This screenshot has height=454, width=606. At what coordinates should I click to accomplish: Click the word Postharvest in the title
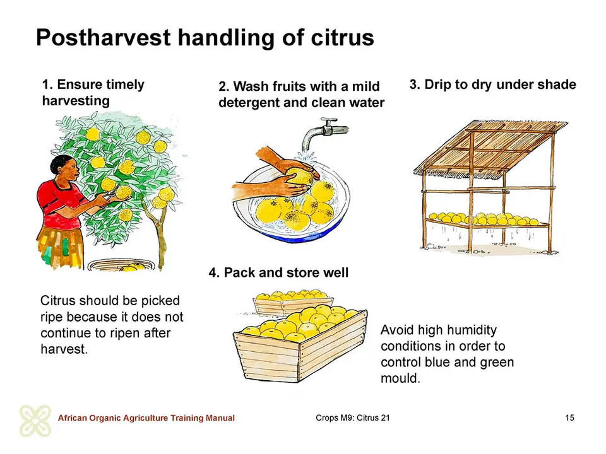point(103,38)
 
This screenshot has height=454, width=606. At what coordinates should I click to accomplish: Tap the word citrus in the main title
point(342,37)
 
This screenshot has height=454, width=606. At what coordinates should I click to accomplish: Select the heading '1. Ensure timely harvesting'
point(93,93)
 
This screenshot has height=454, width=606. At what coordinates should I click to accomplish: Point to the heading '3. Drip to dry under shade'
point(493,84)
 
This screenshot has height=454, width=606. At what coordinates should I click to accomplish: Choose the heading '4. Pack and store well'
point(278,272)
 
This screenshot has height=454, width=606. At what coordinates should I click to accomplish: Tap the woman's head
point(64,169)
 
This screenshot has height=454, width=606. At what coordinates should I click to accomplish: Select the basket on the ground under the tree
point(121,265)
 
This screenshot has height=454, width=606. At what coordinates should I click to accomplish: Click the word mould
point(400,378)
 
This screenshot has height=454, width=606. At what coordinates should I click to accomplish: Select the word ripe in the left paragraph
point(53,317)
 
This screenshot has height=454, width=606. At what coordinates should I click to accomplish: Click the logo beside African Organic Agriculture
point(35,421)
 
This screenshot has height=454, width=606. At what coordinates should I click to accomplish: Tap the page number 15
point(569,417)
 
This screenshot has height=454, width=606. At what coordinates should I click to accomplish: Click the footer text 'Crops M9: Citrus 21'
point(353,417)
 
